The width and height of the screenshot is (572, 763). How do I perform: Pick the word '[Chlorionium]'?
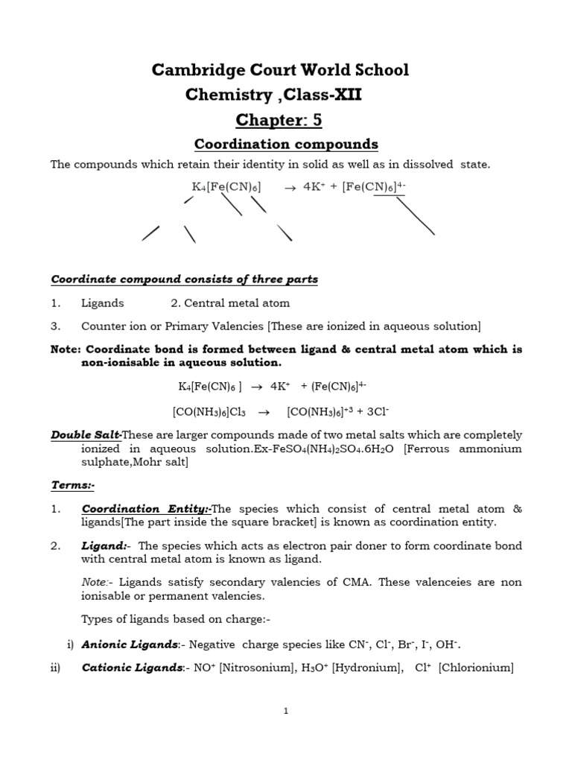pos(476,668)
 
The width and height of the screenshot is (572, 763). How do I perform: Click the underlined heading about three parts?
pos(184,279)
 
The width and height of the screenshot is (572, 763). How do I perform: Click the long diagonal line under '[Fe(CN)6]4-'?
pos(415,215)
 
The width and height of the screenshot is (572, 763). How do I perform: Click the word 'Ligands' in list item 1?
pos(103,303)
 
